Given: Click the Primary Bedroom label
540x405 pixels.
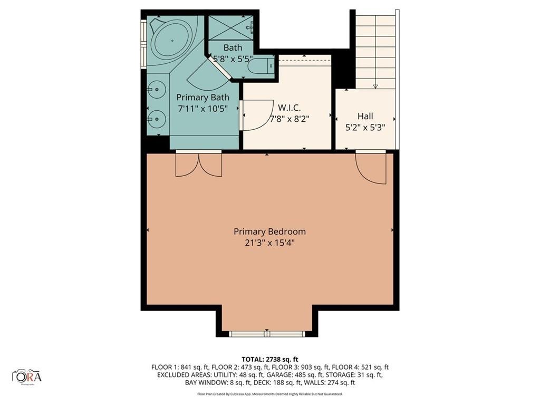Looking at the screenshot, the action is click(x=269, y=232).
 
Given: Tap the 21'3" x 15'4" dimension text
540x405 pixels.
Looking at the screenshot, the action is click(x=269, y=243).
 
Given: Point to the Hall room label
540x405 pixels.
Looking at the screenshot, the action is click(x=365, y=116).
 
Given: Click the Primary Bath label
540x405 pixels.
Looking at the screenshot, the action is click(x=202, y=98).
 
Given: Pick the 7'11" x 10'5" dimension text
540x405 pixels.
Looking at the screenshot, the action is click(x=202, y=109).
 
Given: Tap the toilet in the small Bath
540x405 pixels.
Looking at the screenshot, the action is click(x=261, y=66).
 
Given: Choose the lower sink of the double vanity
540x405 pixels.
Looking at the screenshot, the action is click(x=156, y=119).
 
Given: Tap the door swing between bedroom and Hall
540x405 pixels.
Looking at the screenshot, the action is click(x=371, y=168).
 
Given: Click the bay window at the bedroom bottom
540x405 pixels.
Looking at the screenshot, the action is click(x=267, y=333).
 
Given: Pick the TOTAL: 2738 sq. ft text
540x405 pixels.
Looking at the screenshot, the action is click(x=269, y=360).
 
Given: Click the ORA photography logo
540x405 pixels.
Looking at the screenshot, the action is click(x=27, y=377).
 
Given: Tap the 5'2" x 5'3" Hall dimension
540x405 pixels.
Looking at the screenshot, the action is click(x=365, y=128).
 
